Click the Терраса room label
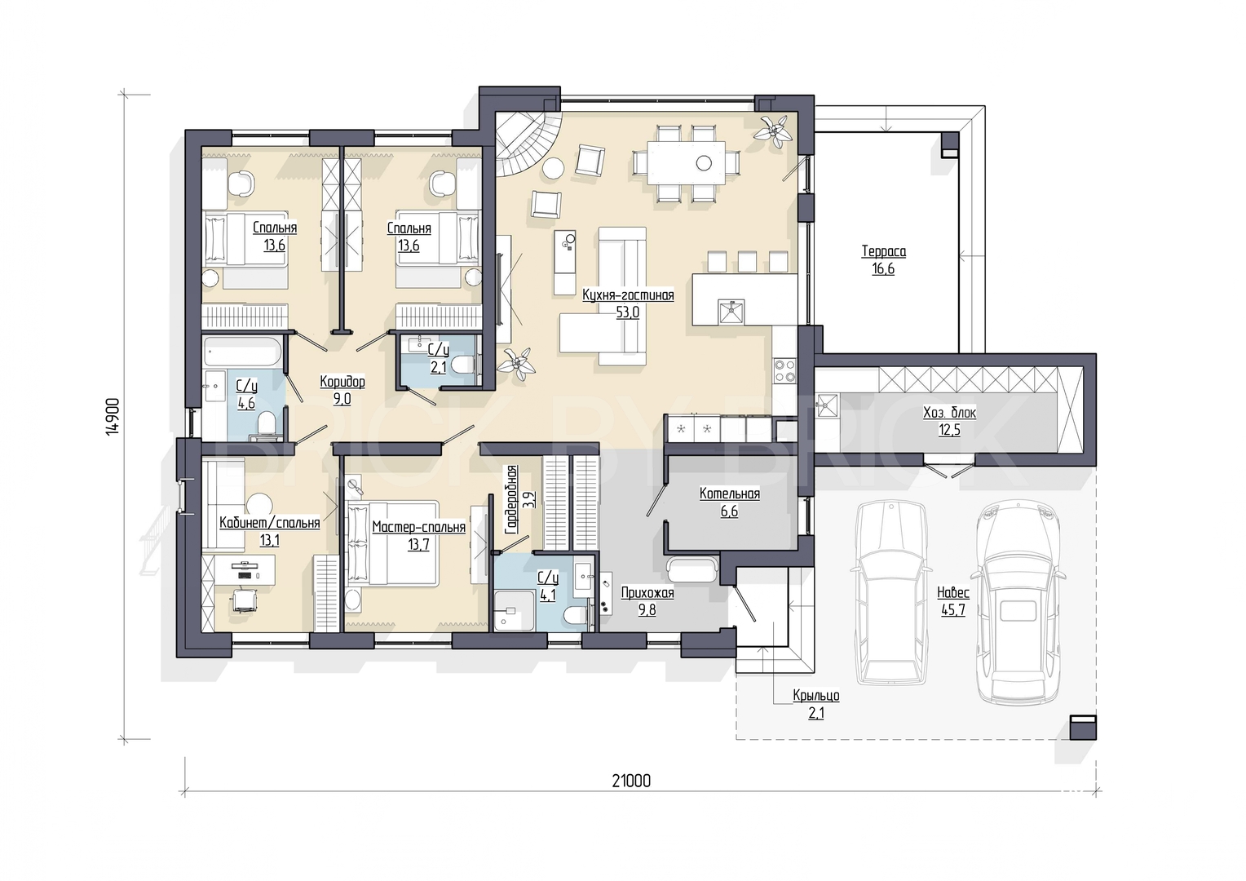pos(883,251)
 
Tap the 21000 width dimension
pos(631,781)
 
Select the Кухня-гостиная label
pos(628,295)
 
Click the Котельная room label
pos(730,494)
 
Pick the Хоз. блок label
pos(949,413)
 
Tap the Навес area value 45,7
pos(953,610)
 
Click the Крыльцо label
pos(816,696)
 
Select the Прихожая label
pos(647,593)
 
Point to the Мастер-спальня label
pos(419,527)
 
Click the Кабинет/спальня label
pos(270,523)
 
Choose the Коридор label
pos(342,382)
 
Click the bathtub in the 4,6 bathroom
pos(244,352)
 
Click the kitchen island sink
pos(731,312)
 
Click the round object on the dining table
pos(705,163)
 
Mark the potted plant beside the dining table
pos(773,131)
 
